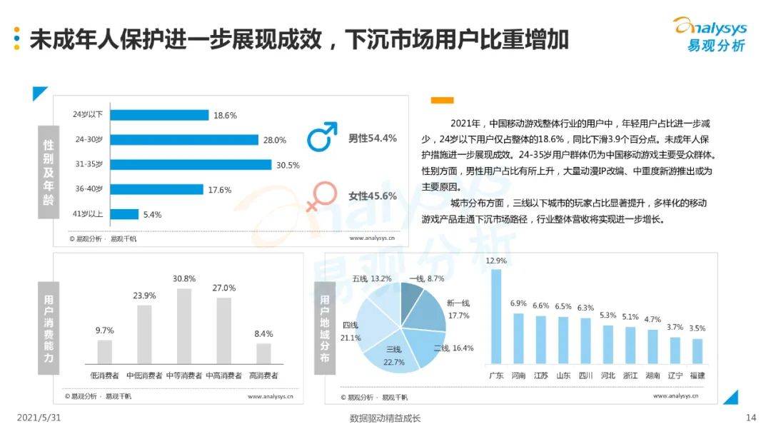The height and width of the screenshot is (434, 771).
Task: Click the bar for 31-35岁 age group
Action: [x=191, y=164]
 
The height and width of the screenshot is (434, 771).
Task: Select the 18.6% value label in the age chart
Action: [x=225, y=115]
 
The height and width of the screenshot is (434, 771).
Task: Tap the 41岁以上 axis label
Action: [x=87, y=214]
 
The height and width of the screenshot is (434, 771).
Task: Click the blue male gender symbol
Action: [x=321, y=136]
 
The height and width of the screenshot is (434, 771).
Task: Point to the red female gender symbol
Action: [x=321, y=196]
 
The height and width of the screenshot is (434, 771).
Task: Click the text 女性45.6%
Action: [x=372, y=196]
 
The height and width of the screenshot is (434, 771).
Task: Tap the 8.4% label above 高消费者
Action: [x=263, y=333]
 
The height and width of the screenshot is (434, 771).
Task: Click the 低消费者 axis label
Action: [x=104, y=375]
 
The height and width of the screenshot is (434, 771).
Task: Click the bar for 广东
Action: [x=496, y=316]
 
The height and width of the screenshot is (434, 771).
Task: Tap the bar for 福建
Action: [x=697, y=350]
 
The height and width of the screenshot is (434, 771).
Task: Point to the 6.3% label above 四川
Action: [x=585, y=308]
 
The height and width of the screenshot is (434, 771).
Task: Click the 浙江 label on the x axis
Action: [x=630, y=375]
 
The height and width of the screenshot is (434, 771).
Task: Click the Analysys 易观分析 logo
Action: [x=709, y=34]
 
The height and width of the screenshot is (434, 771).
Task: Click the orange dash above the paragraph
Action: [x=443, y=100]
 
